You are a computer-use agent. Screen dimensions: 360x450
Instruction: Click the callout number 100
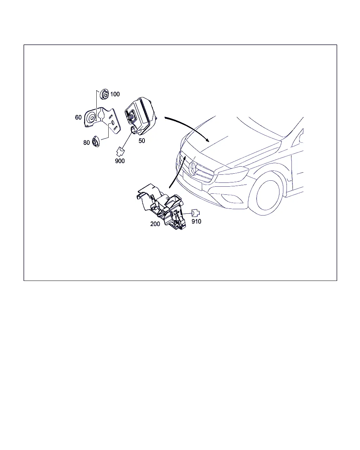pos(115,94)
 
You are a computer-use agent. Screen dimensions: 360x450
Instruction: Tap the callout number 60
pos(78,117)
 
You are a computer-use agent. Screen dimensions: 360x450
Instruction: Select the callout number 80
pos(86,143)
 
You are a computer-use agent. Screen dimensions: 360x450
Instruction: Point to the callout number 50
pos(142,141)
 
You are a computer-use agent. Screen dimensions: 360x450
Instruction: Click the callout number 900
pos(120,161)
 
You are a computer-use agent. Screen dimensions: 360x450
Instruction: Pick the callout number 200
pos(155,224)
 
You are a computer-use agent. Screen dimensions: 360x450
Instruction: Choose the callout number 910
pos(196,221)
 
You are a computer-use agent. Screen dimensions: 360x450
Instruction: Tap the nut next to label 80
pos(96,141)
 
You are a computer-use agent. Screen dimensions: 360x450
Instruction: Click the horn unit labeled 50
pos(141,117)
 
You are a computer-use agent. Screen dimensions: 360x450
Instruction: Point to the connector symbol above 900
pos(120,152)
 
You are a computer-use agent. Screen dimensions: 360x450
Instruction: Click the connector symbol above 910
pos(195,213)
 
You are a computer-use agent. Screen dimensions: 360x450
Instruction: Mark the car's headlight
pos(233,174)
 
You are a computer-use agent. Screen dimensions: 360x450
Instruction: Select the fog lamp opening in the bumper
pos(232,198)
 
